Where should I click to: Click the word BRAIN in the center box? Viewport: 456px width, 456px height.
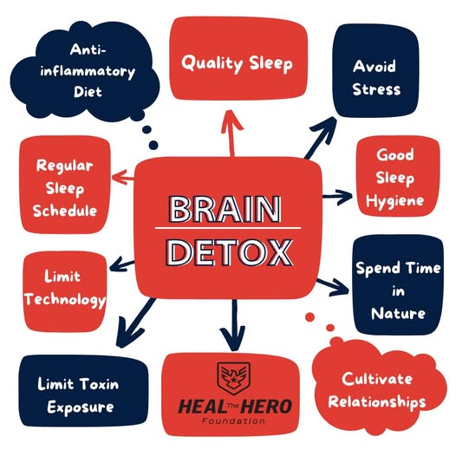225,209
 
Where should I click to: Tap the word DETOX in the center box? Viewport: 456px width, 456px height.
229,252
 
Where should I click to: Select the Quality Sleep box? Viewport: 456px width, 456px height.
238,58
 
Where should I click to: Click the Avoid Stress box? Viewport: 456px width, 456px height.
375,71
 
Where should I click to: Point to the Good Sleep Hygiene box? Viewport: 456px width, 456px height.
398,176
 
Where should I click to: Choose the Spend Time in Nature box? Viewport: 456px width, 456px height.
398,285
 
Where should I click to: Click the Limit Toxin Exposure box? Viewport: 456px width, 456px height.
83,391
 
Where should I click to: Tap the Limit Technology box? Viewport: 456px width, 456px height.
64,291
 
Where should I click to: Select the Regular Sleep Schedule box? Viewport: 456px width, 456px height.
64,185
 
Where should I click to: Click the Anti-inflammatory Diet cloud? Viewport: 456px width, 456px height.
85,71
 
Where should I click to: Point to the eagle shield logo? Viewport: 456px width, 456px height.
233,377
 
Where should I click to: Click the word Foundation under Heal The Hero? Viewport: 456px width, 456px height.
233,420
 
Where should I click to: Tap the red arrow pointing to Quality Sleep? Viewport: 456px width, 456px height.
231,134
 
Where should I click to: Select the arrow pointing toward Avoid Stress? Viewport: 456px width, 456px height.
321,138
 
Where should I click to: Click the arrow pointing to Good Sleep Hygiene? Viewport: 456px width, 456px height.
337,197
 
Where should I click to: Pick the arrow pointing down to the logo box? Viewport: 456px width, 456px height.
232,325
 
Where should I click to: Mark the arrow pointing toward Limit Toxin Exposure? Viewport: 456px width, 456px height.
135,322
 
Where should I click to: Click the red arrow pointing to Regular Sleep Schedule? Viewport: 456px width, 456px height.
123,177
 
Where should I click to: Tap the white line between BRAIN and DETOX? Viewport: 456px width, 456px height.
228,228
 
